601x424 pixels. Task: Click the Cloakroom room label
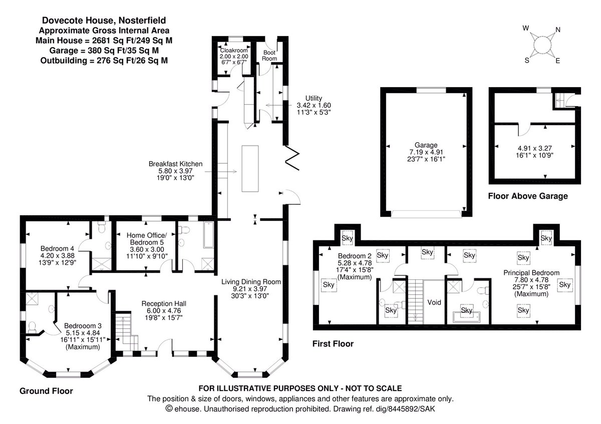click(234, 51)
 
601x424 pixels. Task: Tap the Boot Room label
click(269, 56)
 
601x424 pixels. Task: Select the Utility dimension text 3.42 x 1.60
click(314, 106)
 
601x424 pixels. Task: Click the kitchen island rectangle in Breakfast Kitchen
click(250, 169)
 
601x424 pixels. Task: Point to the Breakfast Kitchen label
click(175, 164)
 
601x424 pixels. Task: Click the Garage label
click(426, 145)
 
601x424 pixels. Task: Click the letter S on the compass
click(527, 61)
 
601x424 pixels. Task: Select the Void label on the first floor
click(434, 302)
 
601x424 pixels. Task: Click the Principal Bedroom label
click(531, 273)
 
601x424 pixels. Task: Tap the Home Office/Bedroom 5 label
click(147, 239)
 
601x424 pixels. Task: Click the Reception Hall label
click(164, 303)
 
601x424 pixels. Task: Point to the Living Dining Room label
click(251, 282)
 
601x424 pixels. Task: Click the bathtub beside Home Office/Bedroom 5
click(208, 235)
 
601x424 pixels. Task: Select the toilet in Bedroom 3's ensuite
click(32, 327)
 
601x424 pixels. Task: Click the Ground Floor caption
click(46, 391)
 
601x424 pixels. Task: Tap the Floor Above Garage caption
click(528, 196)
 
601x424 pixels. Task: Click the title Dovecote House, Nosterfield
click(104, 21)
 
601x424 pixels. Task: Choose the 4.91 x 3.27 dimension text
click(534, 148)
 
